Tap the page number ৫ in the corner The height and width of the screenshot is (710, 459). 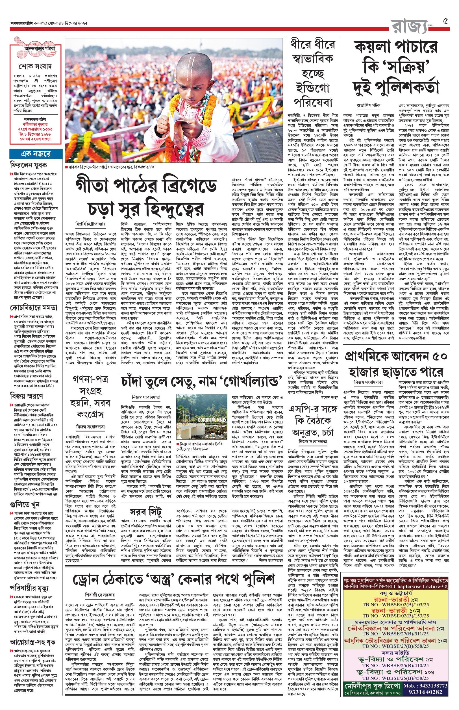coord(446,21)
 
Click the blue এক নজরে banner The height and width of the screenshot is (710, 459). coord(36,154)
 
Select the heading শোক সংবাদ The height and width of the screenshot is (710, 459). coord(36,66)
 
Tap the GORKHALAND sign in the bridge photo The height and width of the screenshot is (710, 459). coord(212,420)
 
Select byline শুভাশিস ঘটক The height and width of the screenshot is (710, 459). coord(368,105)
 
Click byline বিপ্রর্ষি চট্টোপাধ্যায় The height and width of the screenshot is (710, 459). coord(91,223)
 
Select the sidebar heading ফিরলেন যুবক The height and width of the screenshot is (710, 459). coord(28,165)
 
